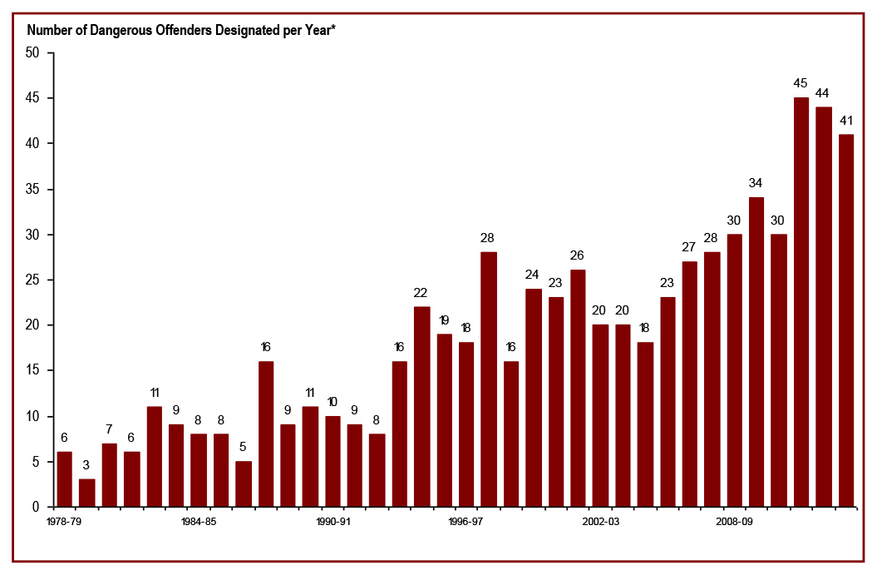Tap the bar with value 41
click(x=845, y=320)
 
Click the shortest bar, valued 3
click(x=87, y=493)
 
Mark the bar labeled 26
click(x=578, y=388)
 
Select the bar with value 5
click(x=244, y=483)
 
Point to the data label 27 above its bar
click(x=689, y=246)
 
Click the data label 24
click(x=533, y=274)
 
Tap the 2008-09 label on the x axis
click(x=735, y=522)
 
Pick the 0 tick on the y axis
click(x=37, y=507)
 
